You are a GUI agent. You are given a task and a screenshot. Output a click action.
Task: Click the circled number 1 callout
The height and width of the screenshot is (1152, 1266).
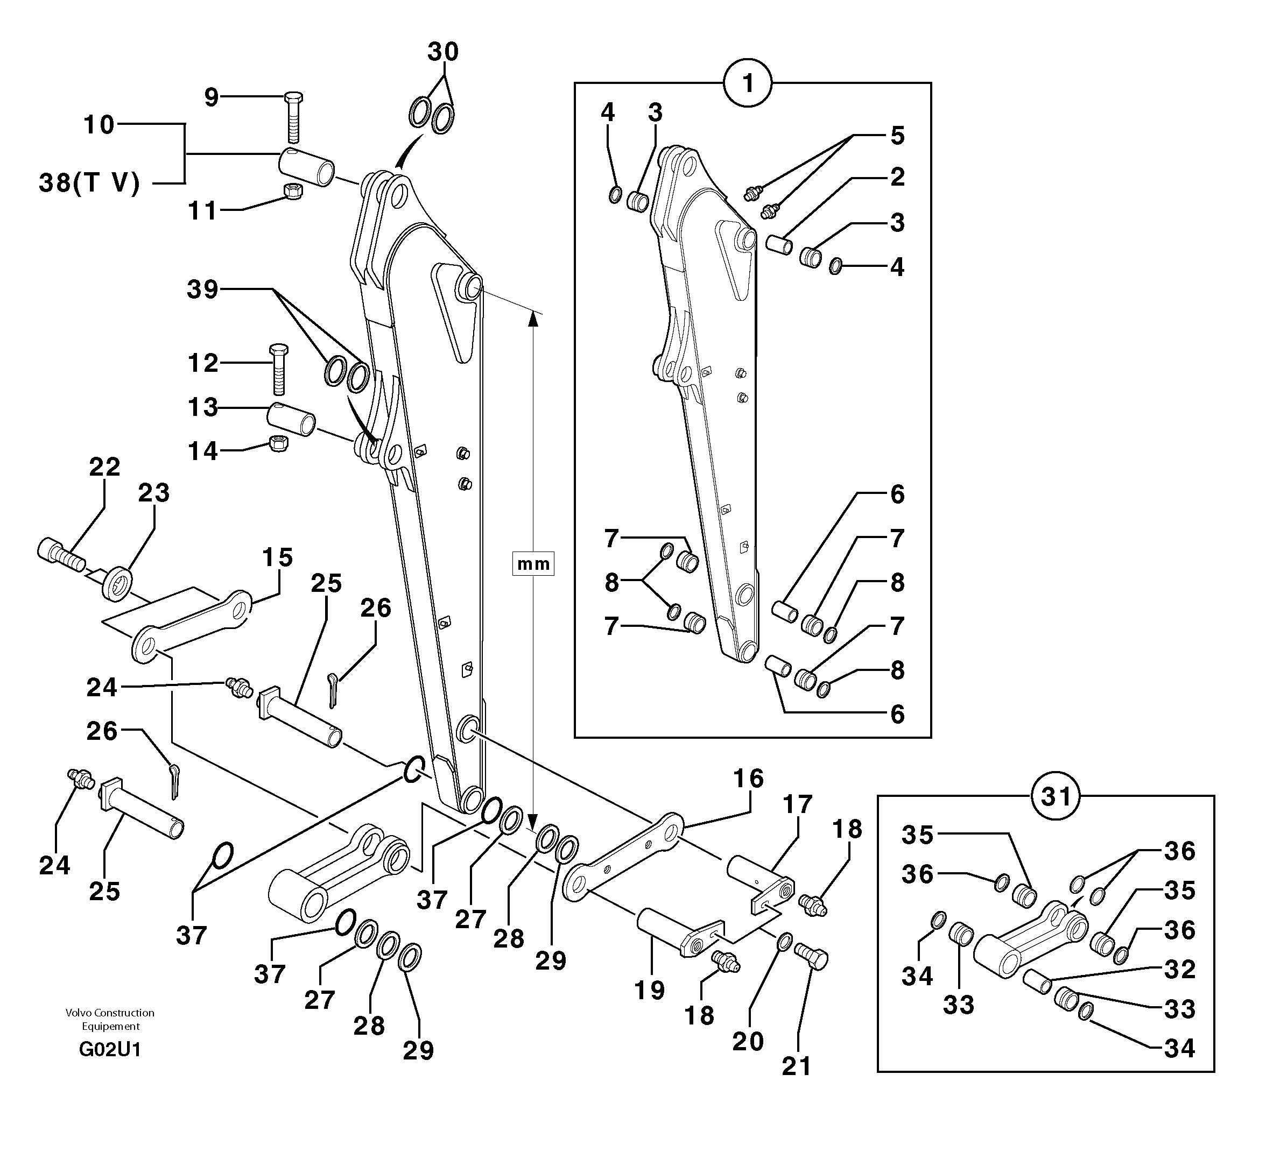pos(747,83)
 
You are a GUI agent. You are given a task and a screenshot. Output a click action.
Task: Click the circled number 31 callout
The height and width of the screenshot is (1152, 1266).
pos(1056,797)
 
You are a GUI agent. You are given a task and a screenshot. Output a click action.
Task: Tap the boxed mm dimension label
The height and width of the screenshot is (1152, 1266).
pos(532,564)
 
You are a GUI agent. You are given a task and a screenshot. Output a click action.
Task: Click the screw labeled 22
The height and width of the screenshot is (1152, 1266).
pos(60,554)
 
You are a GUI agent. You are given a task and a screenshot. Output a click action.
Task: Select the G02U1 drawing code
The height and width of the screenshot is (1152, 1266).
pos(110,1049)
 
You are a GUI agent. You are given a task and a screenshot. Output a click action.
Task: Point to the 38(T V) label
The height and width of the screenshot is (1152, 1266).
pos(89,183)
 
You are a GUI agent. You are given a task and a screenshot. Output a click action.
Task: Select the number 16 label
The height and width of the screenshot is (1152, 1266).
pos(748,779)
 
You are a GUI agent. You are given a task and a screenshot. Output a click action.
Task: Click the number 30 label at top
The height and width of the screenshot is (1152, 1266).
pos(442,51)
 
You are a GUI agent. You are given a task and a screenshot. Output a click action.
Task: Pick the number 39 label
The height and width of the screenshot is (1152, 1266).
pos(202,289)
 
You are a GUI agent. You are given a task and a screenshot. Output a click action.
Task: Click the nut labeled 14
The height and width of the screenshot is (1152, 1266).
pos(278,443)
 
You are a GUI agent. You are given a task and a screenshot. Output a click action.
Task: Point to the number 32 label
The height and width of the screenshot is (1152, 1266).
pos(1179,969)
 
